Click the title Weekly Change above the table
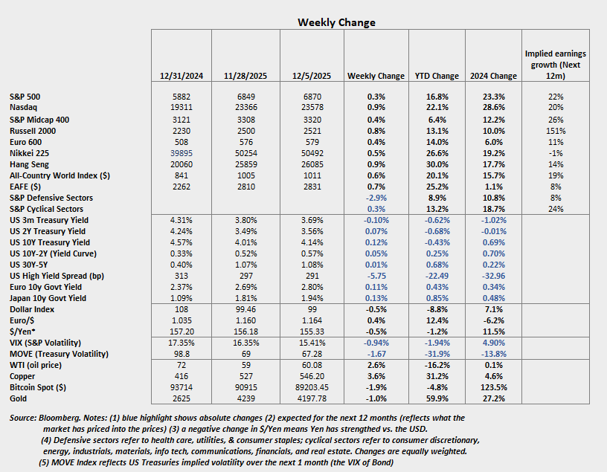(x=336, y=22)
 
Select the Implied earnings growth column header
(x=555, y=65)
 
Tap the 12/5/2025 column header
(x=312, y=76)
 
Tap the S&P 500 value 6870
(x=312, y=97)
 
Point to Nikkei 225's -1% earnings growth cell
(x=555, y=155)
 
